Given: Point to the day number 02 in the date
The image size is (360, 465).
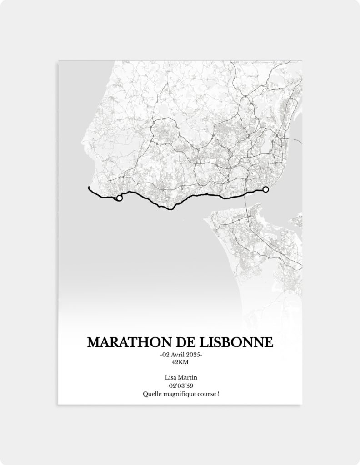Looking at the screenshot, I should [x=166, y=355].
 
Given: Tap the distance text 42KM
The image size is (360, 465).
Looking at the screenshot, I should [x=180, y=362].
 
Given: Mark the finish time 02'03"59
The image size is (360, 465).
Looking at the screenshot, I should [x=180, y=386].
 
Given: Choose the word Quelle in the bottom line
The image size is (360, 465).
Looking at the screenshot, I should [x=150, y=394].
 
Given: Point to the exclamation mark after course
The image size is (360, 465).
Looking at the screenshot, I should [x=218, y=394].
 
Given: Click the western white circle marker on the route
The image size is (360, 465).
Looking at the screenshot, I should [x=120, y=198].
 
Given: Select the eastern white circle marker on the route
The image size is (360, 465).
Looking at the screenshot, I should [x=266, y=189].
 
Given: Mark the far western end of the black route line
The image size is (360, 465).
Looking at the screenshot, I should [x=88, y=187].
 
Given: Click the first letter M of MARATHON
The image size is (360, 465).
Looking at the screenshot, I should [x=93, y=342].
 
